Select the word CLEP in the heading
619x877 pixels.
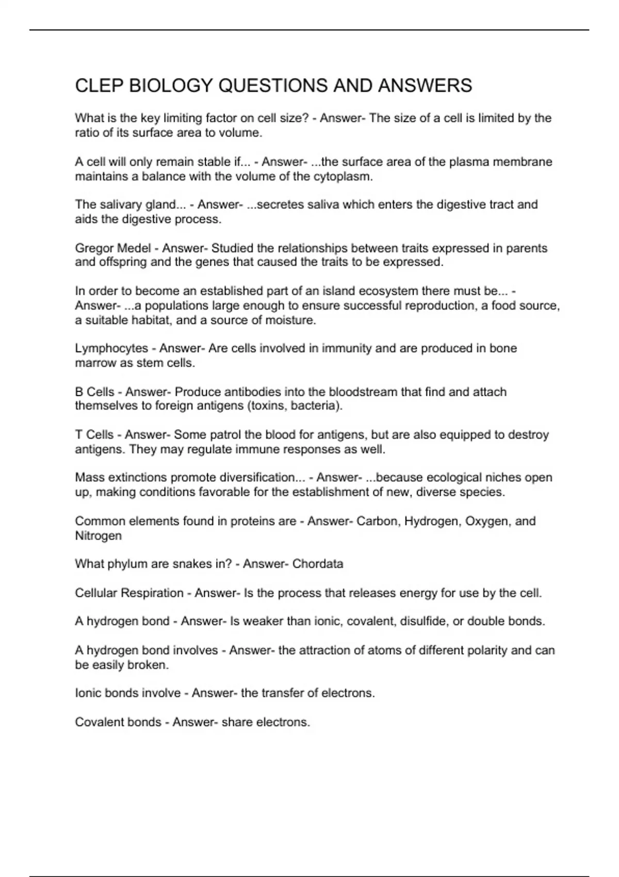[x=99, y=86]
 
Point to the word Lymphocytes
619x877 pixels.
[x=111, y=348]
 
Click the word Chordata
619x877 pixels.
[x=318, y=564]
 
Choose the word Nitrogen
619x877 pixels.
[x=99, y=535]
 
